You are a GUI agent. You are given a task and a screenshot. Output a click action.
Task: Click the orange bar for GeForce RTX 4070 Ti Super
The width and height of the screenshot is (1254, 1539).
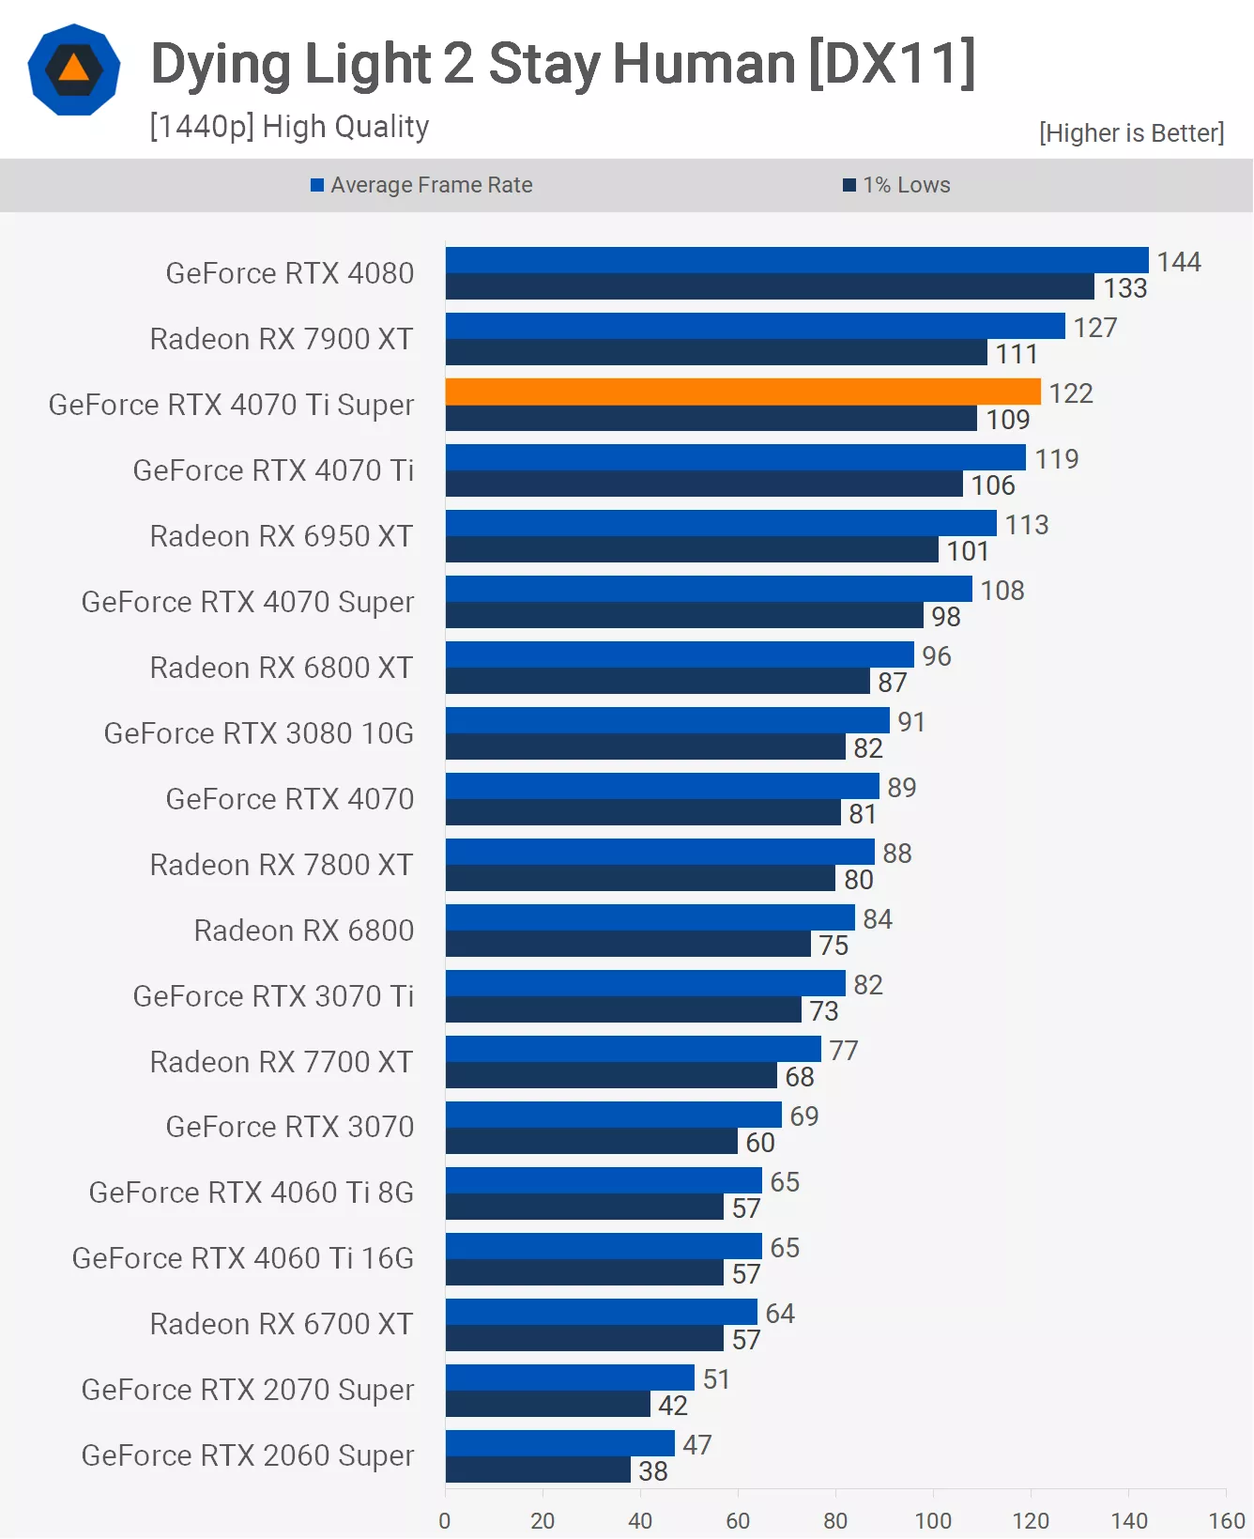[742, 392]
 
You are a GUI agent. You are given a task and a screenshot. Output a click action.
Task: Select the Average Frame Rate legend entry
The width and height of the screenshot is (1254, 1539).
[421, 185]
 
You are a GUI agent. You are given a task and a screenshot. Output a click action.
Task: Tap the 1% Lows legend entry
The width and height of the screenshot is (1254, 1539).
[897, 185]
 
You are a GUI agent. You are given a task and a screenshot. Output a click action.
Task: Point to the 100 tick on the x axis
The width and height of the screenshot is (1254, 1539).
[933, 1520]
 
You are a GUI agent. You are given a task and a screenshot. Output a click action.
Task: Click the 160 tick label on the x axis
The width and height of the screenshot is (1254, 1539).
[1227, 1520]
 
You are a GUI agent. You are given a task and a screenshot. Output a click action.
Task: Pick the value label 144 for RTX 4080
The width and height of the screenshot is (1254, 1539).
[1179, 261]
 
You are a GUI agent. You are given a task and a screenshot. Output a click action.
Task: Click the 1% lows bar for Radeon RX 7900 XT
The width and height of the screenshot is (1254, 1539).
[716, 353]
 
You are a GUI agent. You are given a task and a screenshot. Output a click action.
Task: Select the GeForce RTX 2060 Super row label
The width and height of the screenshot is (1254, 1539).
[248, 1455]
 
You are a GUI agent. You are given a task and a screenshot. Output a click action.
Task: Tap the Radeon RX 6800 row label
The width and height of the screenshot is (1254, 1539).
[304, 931]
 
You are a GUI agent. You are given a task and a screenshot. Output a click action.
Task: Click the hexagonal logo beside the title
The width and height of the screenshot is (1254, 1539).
[74, 69]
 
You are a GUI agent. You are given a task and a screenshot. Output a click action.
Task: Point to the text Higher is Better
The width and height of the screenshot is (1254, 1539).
[1131, 133]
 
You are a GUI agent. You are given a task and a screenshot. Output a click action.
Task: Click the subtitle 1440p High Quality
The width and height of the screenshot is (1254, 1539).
[289, 126]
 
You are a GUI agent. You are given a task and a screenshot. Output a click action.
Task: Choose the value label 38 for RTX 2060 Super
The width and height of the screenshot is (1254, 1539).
[653, 1471]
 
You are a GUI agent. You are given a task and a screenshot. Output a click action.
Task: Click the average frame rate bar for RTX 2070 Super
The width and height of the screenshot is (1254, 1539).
[570, 1377]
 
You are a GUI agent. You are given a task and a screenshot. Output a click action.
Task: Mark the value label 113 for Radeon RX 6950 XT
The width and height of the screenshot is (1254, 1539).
[1027, 524]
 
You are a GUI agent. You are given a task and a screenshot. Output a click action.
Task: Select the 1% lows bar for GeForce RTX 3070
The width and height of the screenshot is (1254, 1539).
[591, 1141]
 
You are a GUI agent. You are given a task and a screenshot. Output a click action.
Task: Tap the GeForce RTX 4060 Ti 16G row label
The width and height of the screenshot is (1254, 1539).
[243, 1258]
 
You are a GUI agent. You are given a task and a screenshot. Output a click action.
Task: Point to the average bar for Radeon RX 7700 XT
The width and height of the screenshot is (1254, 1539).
[633, 1049]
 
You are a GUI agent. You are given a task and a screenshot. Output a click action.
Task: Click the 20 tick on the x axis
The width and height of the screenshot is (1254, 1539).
[543, 1520]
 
